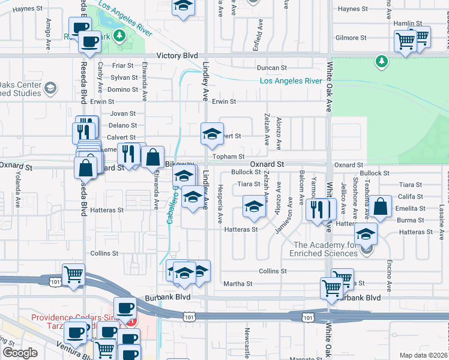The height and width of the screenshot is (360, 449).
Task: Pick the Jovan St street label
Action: pyautogui.click(x=123, y=113)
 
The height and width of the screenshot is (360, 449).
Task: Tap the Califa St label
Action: pyautogui.click(x=411, y=196)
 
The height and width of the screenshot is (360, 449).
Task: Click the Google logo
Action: pyautogui.click(x=20, y=353)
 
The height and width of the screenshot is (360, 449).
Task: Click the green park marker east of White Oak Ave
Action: pyautogui.click(x=381, y=61)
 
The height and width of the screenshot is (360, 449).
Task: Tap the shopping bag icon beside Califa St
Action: pyautogui.click(x=381, y=207)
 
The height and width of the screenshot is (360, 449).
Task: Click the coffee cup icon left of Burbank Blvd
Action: pyautogui.click(x=125, y=308)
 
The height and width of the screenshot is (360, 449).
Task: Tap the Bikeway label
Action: pyautogui.click(x=180, y=164)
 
